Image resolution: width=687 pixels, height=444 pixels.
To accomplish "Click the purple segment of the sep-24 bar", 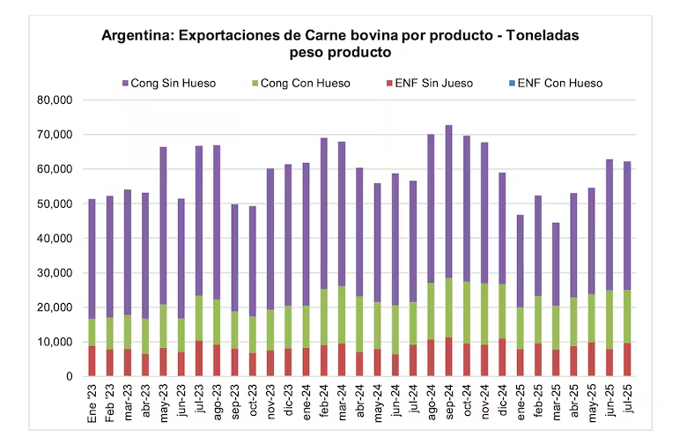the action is pyautogui.click(x=448, y=202).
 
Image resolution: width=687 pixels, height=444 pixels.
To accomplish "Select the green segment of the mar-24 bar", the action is pyautogui.click(x=342, y=314).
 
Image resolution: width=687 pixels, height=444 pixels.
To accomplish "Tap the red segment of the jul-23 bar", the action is pyautogui.click(x=198, y=358).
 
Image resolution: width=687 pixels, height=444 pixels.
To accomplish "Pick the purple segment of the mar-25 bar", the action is pyautogui.click(x=556, y=264).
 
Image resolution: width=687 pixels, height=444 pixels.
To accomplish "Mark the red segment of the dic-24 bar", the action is pyautogui.click(x=502, y=357).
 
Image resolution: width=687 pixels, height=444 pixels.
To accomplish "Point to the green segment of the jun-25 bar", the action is pyautogui.click(x=609, y=320).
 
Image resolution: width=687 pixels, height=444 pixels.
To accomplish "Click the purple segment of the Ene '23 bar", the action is pyautogui.click(x=92, y=259).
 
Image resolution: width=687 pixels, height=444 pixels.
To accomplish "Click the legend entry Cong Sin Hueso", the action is pyautogui.click(x=169, y=84).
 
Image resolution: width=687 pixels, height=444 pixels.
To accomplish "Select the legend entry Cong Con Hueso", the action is pyautogui.click(x=301, y=84).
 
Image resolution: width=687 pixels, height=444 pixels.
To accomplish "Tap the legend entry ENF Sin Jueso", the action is pyautogui.click(x=430, y=84).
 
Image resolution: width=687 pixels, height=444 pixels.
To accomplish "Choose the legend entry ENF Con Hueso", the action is pyautogui.click(x=556, y=84).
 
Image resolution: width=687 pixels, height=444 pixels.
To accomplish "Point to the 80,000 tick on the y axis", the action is pyautogui.click(x=55, y=100).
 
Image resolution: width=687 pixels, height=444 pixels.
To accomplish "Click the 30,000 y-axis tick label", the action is pyautogui.click(x=55, y=273).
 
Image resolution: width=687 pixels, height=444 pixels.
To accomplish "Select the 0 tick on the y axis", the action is pyautogui.click(x=70, y=376).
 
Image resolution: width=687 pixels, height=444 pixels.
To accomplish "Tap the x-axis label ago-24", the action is pyautogui.click(x=431, y=403).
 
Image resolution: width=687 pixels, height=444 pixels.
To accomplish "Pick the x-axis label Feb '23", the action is pyautogui.click(x=109, y=403).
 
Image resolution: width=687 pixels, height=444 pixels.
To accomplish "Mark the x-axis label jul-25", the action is pyautogui.click(x=627, y=399).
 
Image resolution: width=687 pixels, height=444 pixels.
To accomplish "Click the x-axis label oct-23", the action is pyautogui.click(x=253, y=401).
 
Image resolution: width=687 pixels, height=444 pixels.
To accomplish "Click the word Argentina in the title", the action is pyautogui.click(x=137, y=35).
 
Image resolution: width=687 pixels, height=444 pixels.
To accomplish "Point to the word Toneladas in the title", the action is pyautogui.click(x=543, y=35).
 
